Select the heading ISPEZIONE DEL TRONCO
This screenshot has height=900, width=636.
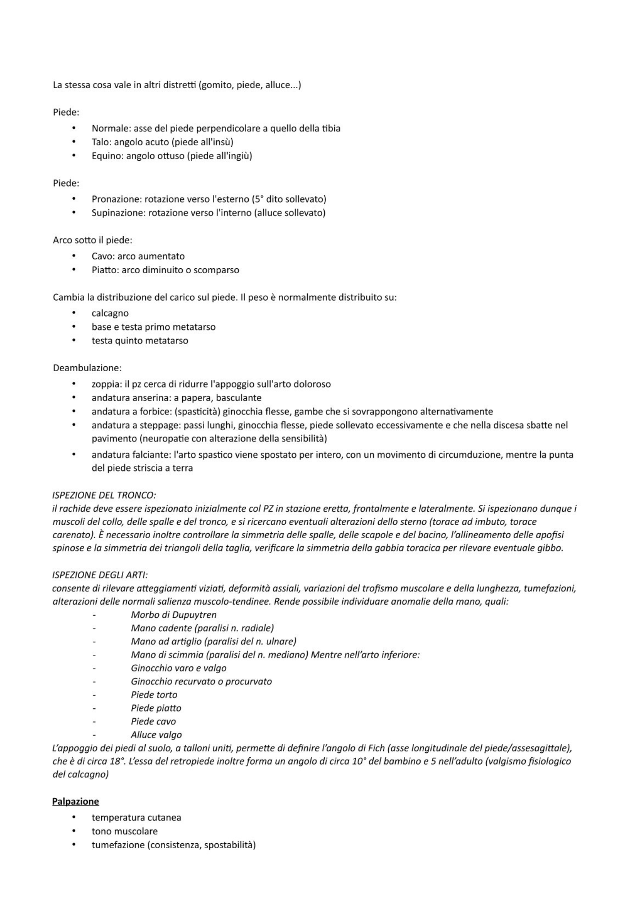(x=104, y=495)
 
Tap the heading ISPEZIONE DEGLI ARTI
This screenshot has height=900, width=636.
(x=100, y=575)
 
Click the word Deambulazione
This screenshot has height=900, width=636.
(x=87, y=368)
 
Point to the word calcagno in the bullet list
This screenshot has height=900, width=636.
(x=110, y=313)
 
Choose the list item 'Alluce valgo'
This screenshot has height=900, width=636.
(x=156, y=735)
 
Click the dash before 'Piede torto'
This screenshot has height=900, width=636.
(x=94, y=695)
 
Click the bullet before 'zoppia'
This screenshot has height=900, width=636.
(x=74, y=384)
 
